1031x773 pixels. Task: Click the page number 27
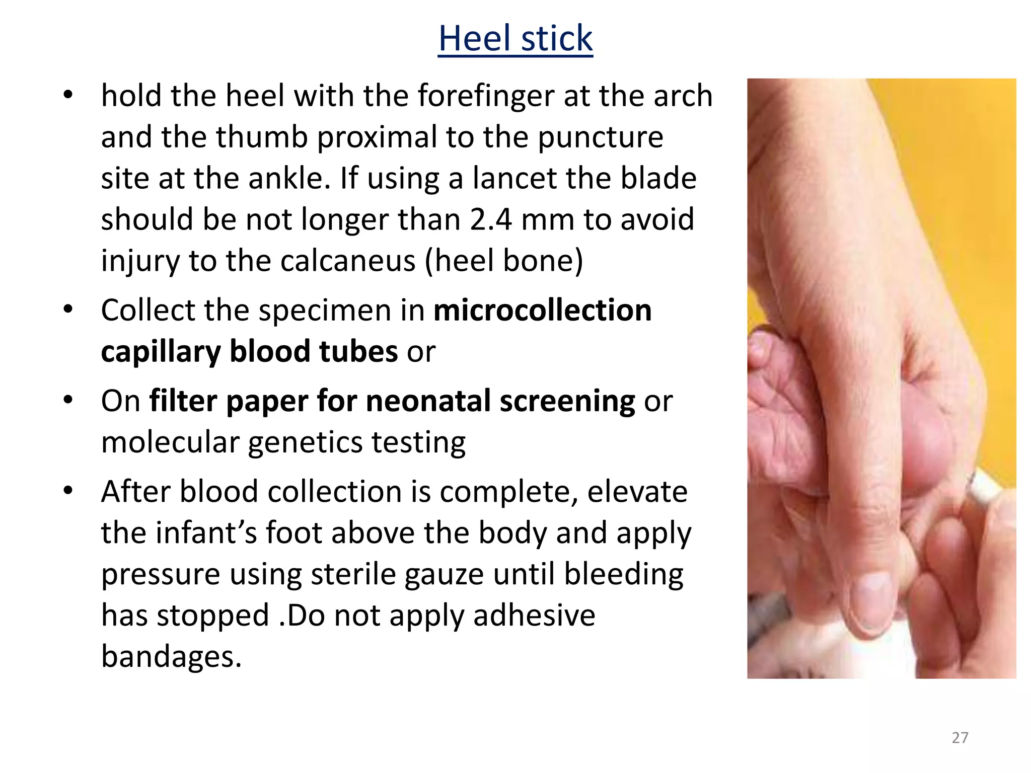tap(960, 738)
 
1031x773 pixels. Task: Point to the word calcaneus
tap(348, 261)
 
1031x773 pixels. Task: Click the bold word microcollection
tap(542, 310)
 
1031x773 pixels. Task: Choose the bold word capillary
tap(161, 352)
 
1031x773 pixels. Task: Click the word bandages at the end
tap(171, 657)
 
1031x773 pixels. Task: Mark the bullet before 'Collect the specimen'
tap(68, 309)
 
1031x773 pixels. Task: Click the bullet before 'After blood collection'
tap(68, 490)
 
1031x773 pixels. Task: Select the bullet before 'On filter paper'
tap(68, 400)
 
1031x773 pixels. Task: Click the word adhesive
tap(534, 615)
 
